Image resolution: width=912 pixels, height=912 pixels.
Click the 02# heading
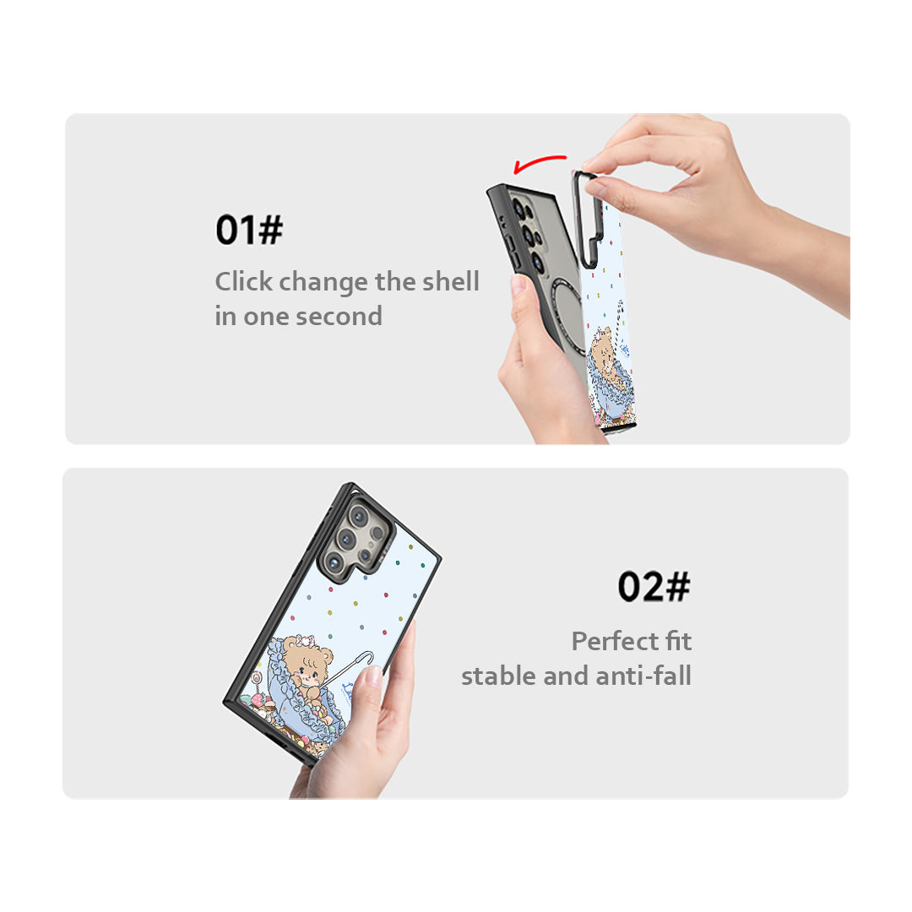pyautogui.click(x=654, y=586)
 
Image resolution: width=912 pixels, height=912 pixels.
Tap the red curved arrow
pyautogui.click(x=538, y=162)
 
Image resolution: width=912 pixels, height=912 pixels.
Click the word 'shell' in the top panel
pyautogui.click(x=451, y=281)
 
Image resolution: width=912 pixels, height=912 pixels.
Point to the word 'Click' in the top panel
pyautogui.click(x=244, y=281)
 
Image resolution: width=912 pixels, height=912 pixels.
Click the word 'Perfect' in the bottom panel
pyautogui.click(x=615, y=641)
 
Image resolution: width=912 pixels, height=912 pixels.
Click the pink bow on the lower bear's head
pyautogui.click(x=306, y=641)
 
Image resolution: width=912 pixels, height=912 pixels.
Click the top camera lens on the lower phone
pyautogui.click(x=358, y=515)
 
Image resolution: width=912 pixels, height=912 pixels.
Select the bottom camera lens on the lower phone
pyautogui.click(x=334, y=562)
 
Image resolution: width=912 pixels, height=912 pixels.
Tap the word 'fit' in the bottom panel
pyautogui.click(x=678, y=641)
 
